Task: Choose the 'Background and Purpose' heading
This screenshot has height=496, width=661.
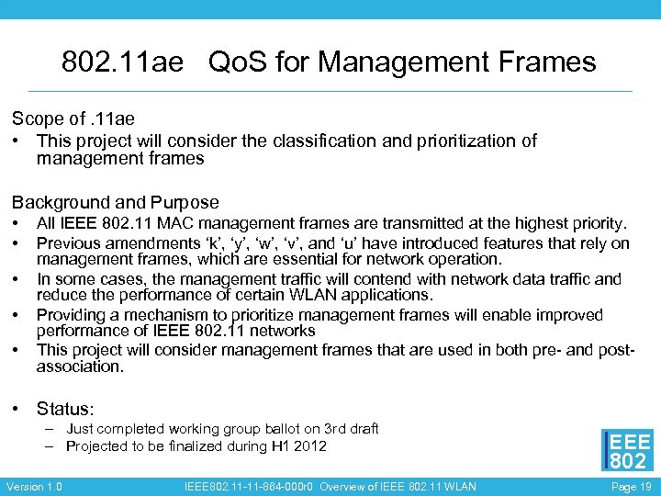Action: point(115,202)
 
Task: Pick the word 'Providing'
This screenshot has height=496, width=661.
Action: point(72,315)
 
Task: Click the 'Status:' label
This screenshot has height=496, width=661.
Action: point(65,409)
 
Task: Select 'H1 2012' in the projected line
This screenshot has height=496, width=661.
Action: point(297,446)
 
